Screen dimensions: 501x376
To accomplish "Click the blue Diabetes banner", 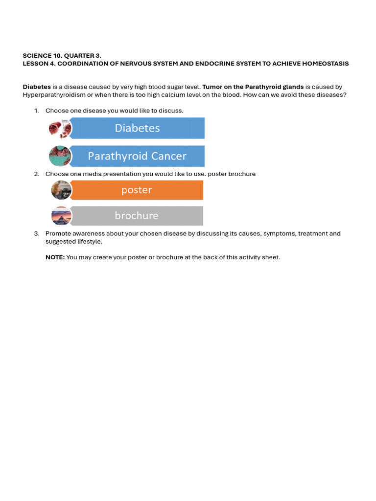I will pyautogui.click(x=137, y=128).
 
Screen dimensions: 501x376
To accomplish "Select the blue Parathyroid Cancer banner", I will pyautogui.click(x=137, y=156).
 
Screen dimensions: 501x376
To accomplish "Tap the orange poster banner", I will pyautogui.click(x=137, y=190).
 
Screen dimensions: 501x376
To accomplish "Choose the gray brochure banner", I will pyautogui.click(x=137, y=216).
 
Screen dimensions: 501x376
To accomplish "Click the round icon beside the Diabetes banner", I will pyautogui.click(x=60, y=129).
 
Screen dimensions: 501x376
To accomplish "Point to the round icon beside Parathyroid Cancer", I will pyautogui.click(x=60, y=157).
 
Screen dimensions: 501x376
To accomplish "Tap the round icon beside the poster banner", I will pyautogui.click(x=61, y=190).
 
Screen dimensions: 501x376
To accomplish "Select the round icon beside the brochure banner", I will pyautogui.click(x=61, y=216).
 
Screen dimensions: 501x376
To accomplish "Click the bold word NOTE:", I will pyautogui.click(x=55, y=257).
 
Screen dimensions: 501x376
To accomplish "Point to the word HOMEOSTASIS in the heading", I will pyautogui.click(x=324, y=64).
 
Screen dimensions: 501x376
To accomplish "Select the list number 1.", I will pyautogui.click(x=36, y=111).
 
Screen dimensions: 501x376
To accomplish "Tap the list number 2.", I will pyautogui.click(x=36, y=174).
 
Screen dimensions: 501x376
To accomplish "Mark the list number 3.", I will pyautogui.click(x=36, y=234).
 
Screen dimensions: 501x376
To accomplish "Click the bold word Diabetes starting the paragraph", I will pyautogui.click(x=37, y=87).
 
